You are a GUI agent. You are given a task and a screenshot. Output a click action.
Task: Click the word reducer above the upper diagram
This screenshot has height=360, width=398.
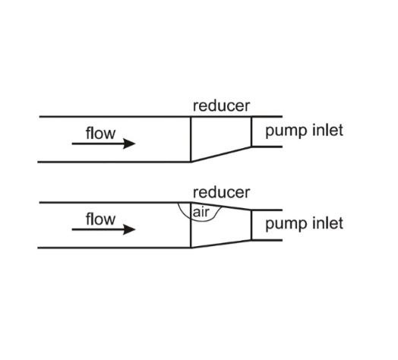221,106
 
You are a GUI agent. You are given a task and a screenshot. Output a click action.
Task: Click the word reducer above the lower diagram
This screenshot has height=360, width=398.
221,192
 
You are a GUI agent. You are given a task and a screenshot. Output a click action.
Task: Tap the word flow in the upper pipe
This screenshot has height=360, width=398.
100,133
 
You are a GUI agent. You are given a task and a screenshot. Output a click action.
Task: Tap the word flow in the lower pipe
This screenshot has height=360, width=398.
100,219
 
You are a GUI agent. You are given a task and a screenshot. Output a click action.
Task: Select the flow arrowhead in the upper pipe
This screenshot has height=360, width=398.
129,144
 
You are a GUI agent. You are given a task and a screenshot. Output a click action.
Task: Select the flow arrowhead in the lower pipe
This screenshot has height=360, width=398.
129,229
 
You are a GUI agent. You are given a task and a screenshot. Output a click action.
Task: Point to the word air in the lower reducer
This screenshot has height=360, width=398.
201,212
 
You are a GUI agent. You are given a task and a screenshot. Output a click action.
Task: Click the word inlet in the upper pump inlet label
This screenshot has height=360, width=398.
327,130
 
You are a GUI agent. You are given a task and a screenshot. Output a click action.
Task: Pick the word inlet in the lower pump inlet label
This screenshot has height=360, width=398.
327,223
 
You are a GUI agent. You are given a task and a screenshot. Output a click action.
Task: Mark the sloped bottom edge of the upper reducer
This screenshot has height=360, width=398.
221,154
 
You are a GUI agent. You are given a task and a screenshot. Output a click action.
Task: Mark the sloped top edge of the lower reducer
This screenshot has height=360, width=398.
221,206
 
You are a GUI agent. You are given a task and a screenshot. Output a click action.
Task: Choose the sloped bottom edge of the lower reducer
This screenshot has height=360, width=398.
221,244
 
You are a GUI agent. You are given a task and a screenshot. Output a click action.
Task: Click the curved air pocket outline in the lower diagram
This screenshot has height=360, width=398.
203,221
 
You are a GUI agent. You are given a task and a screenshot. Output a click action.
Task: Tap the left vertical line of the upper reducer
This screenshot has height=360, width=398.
191,139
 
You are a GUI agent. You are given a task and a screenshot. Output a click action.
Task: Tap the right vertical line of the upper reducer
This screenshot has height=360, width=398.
251,131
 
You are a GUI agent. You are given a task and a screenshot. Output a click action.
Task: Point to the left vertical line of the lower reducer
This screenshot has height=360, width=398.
191,225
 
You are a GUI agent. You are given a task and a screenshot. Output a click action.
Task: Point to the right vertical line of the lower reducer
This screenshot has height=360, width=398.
251,226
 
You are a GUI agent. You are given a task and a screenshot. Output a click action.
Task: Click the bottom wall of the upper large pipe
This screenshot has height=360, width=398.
114,162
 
